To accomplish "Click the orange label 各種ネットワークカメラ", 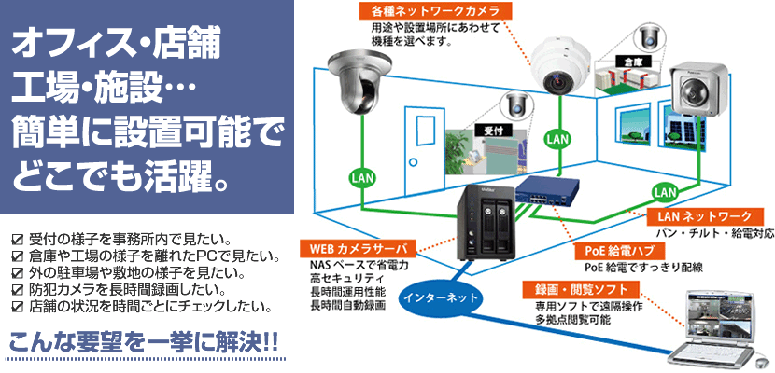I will tap(436, 12).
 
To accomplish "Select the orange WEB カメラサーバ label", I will tap(355, 249).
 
